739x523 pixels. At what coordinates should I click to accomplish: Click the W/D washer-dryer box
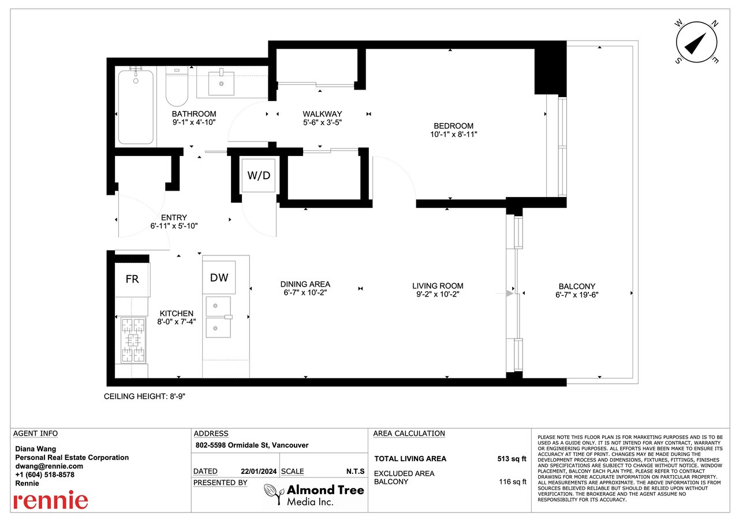[x=258, y=175]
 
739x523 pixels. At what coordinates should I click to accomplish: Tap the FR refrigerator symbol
[x=132, y=279]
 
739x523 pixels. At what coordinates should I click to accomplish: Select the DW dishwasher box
[x=219, y=277]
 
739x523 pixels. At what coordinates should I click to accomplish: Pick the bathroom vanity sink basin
[x=221, y=83]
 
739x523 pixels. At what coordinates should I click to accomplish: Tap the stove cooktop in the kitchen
[x=133, y=340]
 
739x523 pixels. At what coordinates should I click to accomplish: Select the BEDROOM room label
[x=453, y=126]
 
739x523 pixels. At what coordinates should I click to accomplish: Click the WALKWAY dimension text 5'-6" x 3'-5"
[x=322, y=123]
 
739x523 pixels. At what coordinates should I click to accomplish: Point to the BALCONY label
[x=577, y=286]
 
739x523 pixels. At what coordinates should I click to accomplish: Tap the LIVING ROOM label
[x=438, y=285]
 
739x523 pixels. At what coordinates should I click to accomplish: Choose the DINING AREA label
[x=305, y=284]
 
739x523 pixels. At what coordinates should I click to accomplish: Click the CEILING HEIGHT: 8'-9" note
[x=144, y=396]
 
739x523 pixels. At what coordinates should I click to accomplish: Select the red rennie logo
[x=51, y=500]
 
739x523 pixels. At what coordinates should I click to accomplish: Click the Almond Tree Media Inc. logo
[x=314, y=495]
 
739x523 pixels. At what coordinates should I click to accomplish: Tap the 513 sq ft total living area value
[x=512, y=459]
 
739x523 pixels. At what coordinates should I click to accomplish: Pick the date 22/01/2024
[x=259, y=471]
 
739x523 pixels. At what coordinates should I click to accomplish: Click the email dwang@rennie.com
[x=49, y=466]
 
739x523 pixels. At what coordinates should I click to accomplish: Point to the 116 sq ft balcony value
[x=512, y=482]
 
